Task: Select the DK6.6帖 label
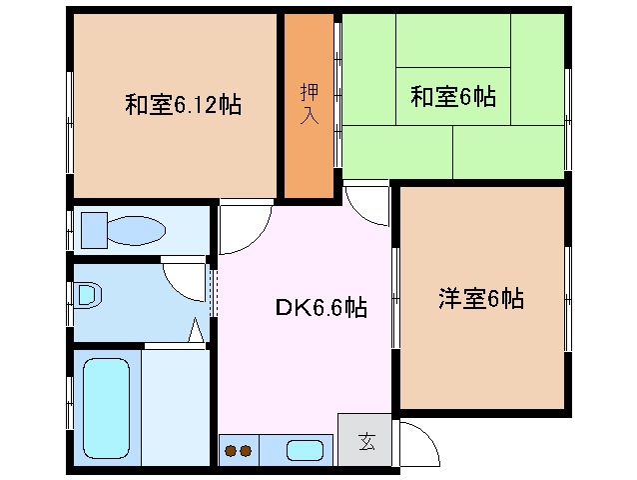click(321, 308)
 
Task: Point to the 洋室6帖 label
click(481, 298)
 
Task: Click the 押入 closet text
click(309, 103)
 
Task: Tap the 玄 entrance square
click(365, 441)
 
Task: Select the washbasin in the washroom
click(89, 295)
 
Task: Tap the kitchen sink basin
click(303, 450)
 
